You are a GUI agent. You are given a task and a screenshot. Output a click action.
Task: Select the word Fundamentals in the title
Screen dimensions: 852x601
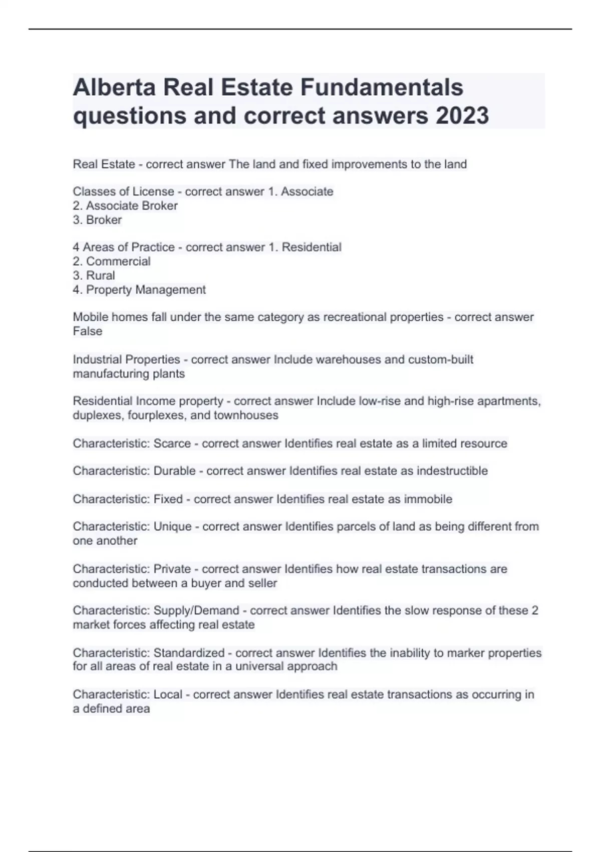[x=382, y=87]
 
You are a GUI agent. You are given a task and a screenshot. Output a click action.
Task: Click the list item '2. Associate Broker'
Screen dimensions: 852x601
[x=125, y=205]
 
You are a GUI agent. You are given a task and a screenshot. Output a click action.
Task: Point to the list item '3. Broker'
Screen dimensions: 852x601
[x=97, y=220]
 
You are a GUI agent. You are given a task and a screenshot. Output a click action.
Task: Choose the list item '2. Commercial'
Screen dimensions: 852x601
[x=112, y=261]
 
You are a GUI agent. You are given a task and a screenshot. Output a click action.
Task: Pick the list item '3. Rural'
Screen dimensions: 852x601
[x=94, y=275]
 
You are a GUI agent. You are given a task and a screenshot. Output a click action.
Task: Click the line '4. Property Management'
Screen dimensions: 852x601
[x=139, y=289]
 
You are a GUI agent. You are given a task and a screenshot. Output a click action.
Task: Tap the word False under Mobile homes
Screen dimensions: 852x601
[x=88, y=331]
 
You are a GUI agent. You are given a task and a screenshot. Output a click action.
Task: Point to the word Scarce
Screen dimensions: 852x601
[x=172, y=443]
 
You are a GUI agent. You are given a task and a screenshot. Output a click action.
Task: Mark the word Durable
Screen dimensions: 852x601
[x=174, y=471]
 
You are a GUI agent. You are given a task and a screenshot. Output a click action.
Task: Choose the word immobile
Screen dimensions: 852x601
[x=428, y=499]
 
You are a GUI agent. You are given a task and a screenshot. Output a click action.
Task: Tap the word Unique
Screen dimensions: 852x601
[x=172, y=526]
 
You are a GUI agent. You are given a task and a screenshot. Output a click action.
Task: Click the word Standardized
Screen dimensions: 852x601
[x=189, y=653]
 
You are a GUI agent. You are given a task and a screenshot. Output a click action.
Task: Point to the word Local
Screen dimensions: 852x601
[x=168, y=694]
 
